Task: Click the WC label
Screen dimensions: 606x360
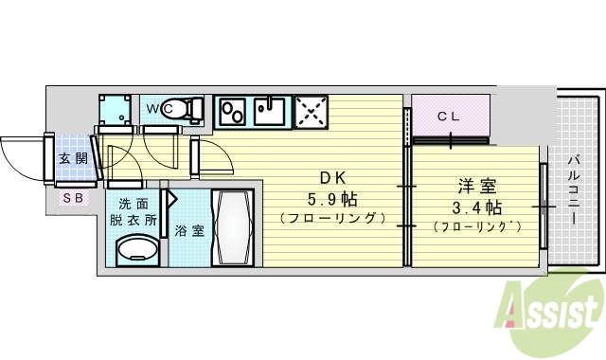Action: pos(156,109)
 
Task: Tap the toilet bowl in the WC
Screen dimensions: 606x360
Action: pos(192,110)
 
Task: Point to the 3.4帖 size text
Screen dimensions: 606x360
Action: pos(475,207)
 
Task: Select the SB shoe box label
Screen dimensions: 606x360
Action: pos(72,198)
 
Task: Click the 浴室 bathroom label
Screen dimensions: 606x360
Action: pos(189,230)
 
